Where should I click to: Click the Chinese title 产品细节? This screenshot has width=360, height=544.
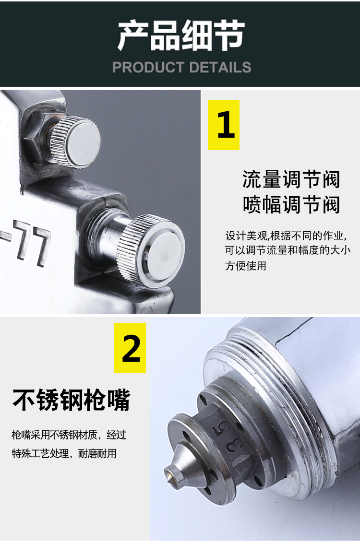coord(181,35)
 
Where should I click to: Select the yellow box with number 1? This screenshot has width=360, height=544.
coord(224,125)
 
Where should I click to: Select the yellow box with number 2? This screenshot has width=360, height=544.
coord(130,348)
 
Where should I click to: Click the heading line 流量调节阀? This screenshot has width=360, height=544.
coord(291,179)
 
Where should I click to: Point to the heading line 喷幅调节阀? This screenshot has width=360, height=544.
coord(291,205)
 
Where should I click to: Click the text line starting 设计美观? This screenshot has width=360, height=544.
coord(286,236)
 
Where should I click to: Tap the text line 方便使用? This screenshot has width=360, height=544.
coord(246,266)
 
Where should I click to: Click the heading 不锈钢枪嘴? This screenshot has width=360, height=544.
coord(71,400)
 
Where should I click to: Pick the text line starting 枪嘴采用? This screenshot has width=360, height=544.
coord(69,435)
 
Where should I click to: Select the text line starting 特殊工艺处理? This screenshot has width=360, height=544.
coord(64,453)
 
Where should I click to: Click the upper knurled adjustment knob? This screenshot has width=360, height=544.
coord(75,142)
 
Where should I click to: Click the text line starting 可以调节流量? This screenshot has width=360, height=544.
coord(288,250)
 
